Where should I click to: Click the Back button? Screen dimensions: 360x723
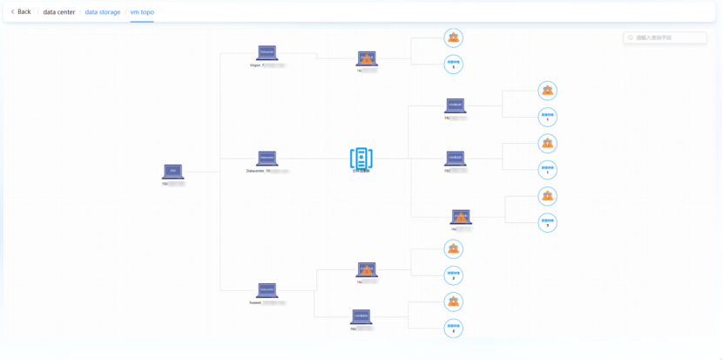(x=21, y=12)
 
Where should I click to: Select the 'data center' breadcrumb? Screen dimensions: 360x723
(x=58, y=12)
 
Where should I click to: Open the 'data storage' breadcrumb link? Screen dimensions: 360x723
(x=103, y=12)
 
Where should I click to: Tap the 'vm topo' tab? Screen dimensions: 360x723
(x=142, y=12)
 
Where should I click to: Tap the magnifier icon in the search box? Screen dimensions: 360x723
(x=631, y=38)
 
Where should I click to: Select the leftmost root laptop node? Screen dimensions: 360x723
(x=172, y=172)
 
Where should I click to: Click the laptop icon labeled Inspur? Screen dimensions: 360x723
(x=267, y=53)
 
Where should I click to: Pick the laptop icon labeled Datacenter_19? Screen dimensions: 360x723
(x=267, y=159)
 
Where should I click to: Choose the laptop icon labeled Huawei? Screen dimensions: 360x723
(x=267, y=290)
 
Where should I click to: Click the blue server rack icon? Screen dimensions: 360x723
(x=361, y=158)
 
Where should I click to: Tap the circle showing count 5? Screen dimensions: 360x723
(x=453, y=65)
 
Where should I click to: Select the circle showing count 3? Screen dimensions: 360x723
(x=547, y=222)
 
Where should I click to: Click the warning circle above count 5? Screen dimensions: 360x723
(x=453, y=37)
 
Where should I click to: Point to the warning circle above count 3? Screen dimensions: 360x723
(x=547, y=196)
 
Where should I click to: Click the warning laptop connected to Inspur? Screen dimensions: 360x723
(x=367, y=58)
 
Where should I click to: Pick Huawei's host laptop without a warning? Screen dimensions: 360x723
(x=361, y=316)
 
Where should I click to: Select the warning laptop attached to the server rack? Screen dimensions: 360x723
(x=461, y=217)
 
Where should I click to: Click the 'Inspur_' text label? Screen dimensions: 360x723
(x=256, y=65)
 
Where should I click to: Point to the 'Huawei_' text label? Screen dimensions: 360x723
(x=255, y=302)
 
